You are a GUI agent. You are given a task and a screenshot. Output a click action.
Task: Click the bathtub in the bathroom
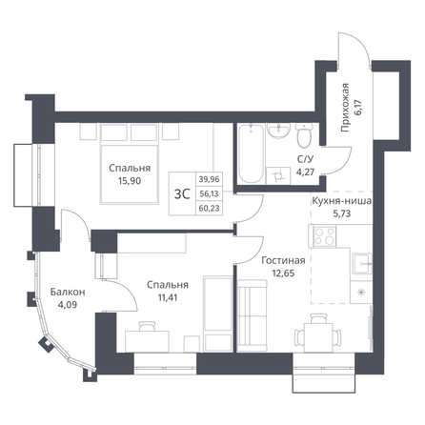(x=251, y=153)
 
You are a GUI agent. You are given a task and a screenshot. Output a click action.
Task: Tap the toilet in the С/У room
(x=304, y=135)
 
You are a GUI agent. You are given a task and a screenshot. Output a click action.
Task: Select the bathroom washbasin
(x=279, y=131)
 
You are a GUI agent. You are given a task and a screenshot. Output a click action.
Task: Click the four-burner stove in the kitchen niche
(x=325, y=236)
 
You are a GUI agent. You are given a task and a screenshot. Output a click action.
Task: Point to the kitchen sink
(x=361, y=263)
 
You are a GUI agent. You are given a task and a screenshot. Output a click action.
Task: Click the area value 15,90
(x=130, y=181)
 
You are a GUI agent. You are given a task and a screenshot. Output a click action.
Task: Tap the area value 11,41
(x=167, y=297)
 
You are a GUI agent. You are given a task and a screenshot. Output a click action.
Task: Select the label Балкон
(x=68, y=292)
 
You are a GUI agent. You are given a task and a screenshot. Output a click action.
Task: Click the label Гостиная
(x=283, y=260)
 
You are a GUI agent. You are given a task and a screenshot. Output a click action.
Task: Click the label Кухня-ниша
(x=341, y=201)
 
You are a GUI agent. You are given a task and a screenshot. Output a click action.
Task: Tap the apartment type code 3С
(x=182, y=193)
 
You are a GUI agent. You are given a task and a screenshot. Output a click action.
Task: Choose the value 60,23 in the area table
(x=209, y=209)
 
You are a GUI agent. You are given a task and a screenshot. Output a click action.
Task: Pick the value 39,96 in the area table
(x=209, y=179)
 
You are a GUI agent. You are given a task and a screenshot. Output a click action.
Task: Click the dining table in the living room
(x=318, y=337)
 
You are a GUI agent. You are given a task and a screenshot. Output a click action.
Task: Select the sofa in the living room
(x=252, y=315)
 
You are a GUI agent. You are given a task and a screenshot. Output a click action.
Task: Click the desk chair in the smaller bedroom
(x=148, y=326)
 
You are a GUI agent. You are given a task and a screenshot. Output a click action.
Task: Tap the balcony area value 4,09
(x=68, y=305)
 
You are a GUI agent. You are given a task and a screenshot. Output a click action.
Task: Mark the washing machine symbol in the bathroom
(x=278, y=175)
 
